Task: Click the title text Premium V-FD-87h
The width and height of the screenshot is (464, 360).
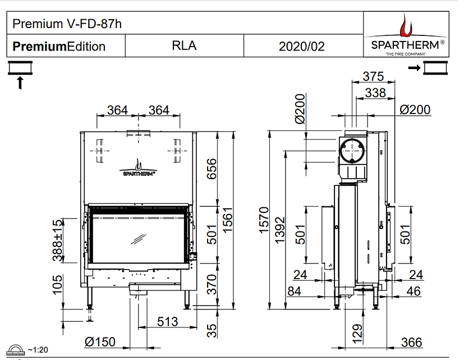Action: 67,24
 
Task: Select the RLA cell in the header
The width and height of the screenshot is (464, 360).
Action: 184,45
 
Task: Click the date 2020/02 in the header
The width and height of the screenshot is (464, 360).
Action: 302,46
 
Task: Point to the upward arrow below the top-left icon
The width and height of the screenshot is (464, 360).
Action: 21,83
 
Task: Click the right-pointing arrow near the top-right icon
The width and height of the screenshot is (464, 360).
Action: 415,68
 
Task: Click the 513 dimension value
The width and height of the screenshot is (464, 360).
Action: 167,321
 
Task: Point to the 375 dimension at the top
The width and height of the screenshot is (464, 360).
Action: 373,76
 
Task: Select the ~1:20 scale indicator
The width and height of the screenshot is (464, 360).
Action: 35,349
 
